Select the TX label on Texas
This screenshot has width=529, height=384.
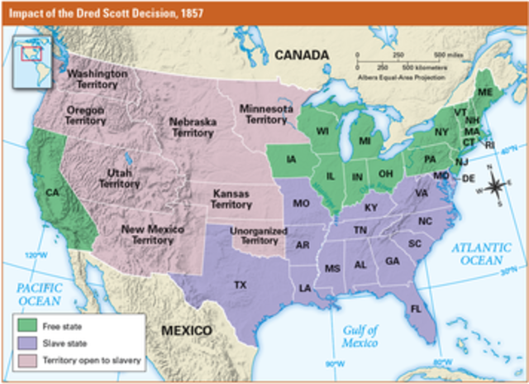tap(241, 285)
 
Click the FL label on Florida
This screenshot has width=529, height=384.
tap(416, 308)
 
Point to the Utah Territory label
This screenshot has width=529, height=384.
tap(119, 178)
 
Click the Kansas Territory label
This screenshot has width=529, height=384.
tap(231, 198)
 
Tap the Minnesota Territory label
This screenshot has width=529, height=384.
tap(265, 114)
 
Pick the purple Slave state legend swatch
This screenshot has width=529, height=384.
tap(26, 343)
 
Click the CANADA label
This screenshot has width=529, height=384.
tap(302, 55)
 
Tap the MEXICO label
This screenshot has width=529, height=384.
tap(186, 330)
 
